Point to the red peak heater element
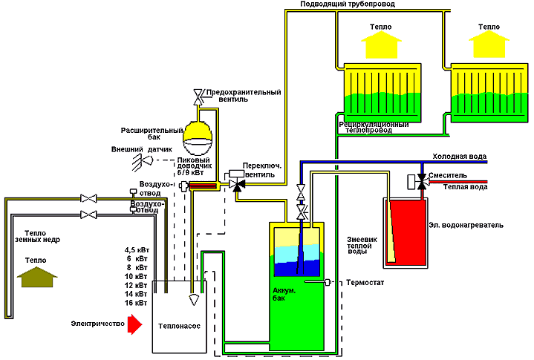pyautogui.click(x=203, y=185)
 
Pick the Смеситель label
pyautogui.click(x=448, y=176)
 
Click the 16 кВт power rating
pyautogui.click(x=137, y=303)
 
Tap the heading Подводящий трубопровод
pyautogui.click(x=347, y=4)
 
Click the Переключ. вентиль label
pyautogui.click(x=264, y=171)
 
